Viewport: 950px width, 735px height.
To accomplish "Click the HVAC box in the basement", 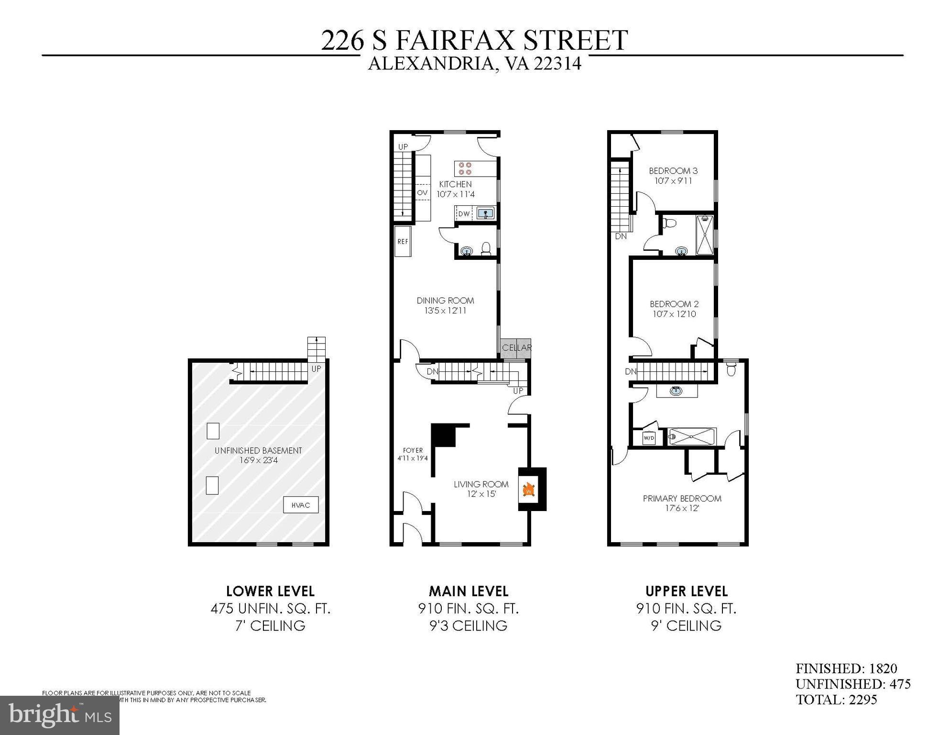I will point(300,505).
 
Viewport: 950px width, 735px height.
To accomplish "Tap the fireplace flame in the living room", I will point(529,490).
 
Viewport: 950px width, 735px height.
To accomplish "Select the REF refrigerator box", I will point(403,242).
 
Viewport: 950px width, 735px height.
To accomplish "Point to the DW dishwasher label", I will point(464,214).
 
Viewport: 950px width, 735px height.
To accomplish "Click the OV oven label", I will point(422,192).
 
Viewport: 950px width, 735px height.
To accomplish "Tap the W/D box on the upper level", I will point(648,438).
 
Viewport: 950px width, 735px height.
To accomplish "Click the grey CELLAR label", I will point(516,348).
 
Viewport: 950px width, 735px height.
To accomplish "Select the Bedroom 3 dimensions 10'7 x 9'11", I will point(673,181).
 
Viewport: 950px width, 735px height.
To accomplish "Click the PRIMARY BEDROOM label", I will point(682,499).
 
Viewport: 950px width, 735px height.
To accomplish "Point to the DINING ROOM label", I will point(445,301).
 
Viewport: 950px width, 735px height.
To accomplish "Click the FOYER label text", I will point(413,450).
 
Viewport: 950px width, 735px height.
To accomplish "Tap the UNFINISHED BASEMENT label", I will point(258,450).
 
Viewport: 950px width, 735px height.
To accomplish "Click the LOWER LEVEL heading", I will point(270,591).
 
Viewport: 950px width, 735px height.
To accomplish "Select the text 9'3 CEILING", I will point(468,626).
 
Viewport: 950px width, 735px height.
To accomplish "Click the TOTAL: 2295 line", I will point(836,700).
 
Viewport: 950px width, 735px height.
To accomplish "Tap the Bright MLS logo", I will point(60,715).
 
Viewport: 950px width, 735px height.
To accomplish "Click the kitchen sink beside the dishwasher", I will point(485,213).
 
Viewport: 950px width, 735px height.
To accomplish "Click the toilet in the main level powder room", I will point(486,248).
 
